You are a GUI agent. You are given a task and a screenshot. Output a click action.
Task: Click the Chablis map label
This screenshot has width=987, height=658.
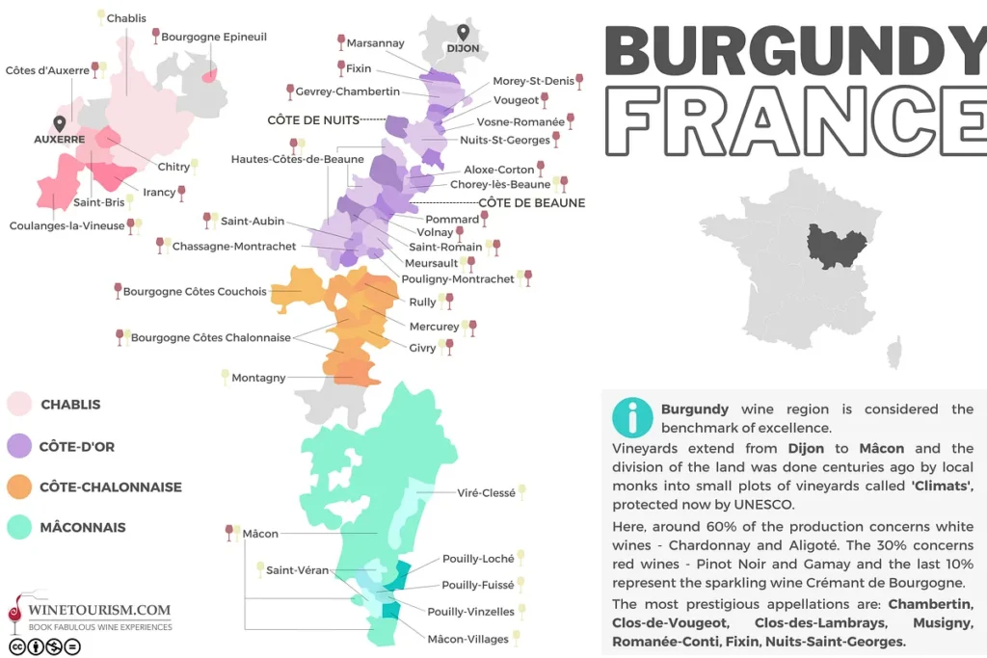(x=126, y=18)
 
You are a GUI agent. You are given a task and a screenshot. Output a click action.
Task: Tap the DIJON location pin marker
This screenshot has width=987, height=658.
(x=463, y=33)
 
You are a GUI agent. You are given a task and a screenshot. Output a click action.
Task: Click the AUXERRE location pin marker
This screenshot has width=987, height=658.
(x=60, y=124)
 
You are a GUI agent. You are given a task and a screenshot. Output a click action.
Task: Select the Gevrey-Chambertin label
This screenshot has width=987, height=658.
(x=348, y=92)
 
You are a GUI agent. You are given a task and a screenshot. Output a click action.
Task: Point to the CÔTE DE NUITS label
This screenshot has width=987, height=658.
(x=312, y=120)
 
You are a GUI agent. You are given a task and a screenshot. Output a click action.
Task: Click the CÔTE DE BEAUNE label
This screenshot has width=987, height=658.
(x=532, y=203)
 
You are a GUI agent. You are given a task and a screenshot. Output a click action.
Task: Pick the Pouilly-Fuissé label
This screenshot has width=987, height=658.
(x=477, y=585)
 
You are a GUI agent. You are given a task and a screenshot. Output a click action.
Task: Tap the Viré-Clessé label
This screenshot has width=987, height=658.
(x=486, y=493)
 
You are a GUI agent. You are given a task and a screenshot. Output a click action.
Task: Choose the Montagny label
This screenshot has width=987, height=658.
(x=258, y=378)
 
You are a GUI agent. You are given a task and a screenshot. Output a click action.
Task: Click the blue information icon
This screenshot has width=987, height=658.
(x=632, y=416)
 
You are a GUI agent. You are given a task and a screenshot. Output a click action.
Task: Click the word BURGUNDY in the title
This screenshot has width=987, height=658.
(x=794, y=53)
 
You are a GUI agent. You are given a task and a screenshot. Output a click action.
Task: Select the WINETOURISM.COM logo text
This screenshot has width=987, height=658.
(x=99, y=610)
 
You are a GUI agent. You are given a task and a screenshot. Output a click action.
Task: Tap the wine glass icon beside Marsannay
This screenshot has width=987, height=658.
(x=340, y=42)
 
